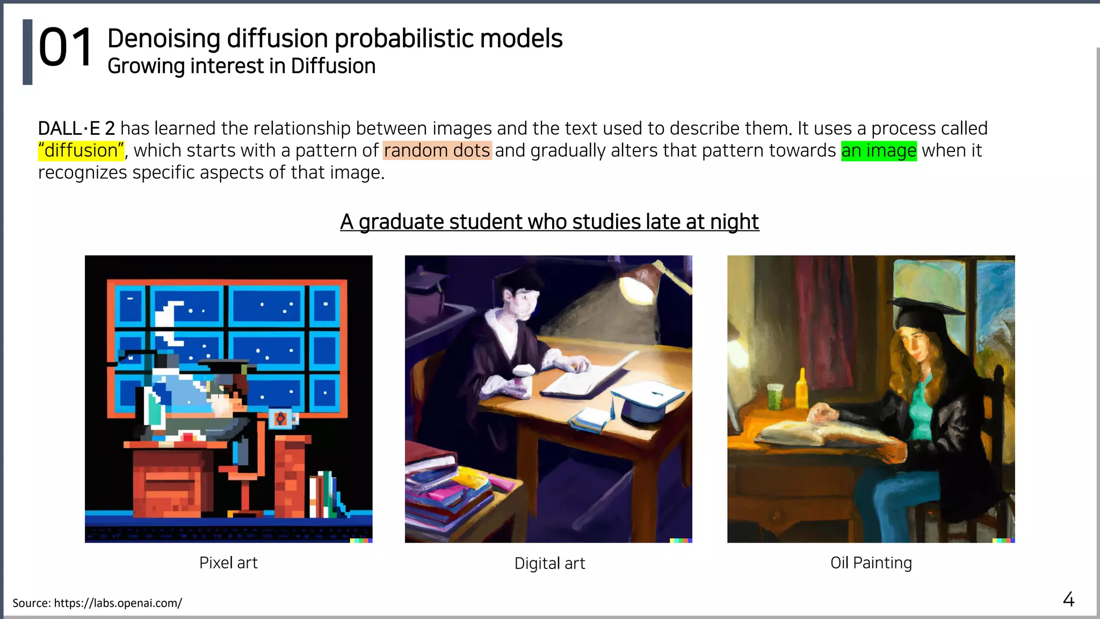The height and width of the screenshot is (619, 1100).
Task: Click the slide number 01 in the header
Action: click(x=66, y=48)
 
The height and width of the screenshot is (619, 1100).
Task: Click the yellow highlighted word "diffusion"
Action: click(x=81, y=150)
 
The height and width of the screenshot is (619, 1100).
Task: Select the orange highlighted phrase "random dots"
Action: click(x=437, y=150)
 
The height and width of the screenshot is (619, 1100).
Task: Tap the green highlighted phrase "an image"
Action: click(x=879, y=150)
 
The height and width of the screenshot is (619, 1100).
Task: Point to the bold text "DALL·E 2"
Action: click(x=76, y=128)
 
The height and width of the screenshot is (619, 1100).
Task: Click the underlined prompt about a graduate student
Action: click(x=549, y=221)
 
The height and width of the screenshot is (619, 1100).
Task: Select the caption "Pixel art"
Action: click(x=228, y=563)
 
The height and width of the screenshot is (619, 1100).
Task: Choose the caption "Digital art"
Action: click(x=549, y=563)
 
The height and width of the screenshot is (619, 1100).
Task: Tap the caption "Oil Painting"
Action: click(x=871, y=563)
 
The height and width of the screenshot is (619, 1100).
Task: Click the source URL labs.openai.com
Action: click(x=118, y=603)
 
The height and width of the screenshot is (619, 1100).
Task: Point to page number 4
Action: click(x=1068, y=599)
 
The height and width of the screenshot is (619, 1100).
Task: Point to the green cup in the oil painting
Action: click(x=774, y=397)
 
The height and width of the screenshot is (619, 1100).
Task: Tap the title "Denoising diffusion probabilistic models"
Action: click(x=335, y=39)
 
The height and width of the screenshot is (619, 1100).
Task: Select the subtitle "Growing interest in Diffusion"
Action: click(x=241, y=66)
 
